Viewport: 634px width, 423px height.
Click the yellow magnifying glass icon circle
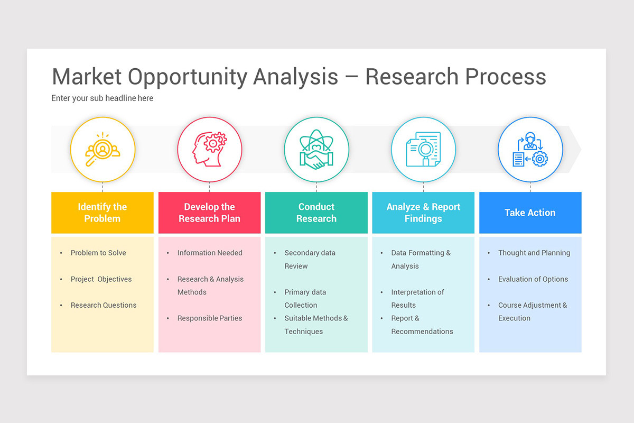pos(102,150)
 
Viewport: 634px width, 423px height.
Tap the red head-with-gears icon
pos(209,150)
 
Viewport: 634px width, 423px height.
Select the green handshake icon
pos(316,150)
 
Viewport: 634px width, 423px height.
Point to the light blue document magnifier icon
pos(423,150)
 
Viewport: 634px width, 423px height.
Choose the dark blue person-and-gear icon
pos(530,150)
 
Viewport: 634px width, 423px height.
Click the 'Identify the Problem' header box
pos(102,213)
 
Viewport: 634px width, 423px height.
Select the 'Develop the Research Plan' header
pos(209,213)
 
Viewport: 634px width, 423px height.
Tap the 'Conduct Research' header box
pos(316,213)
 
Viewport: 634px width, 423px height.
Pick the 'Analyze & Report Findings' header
pos(423,213)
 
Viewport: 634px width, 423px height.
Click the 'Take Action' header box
pos(530,213)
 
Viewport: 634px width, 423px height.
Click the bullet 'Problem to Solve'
pos(98,253)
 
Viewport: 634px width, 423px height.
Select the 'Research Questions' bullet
pos(104,305)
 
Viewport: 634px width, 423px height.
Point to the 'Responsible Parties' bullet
pos(210,318)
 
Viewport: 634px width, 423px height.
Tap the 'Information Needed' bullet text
pos(210,253)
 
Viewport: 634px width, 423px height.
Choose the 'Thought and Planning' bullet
pos(534,253)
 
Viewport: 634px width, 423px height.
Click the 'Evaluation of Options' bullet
pos(533,279)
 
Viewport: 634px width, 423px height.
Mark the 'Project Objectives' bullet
pos(101,279)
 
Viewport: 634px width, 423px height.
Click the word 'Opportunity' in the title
pos(188,77)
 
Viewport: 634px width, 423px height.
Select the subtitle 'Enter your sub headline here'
pos(102,98)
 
